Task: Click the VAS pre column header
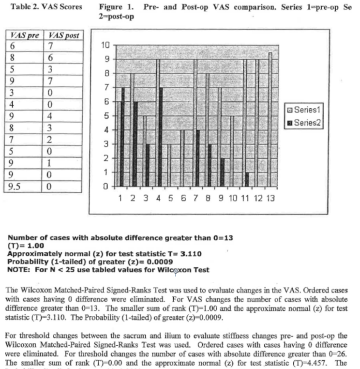25,35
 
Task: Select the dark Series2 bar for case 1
123,137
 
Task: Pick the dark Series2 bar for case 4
161,137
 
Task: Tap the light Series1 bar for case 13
270,120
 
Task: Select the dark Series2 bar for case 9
222,172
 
